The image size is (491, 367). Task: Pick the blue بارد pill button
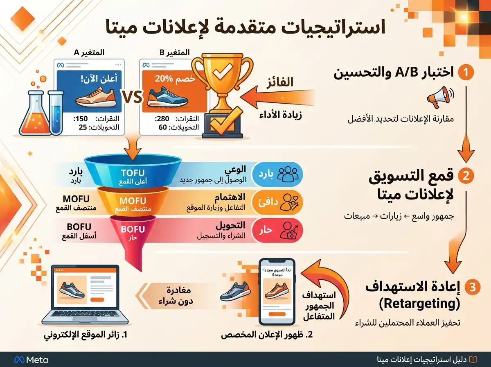[x=278, y=172]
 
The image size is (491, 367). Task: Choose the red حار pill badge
[x=278, y=230]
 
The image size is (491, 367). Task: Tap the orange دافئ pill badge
[x=278, y=201]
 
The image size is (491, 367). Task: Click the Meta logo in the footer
[x=31, y=360]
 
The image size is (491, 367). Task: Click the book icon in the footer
[x=473, y=360]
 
